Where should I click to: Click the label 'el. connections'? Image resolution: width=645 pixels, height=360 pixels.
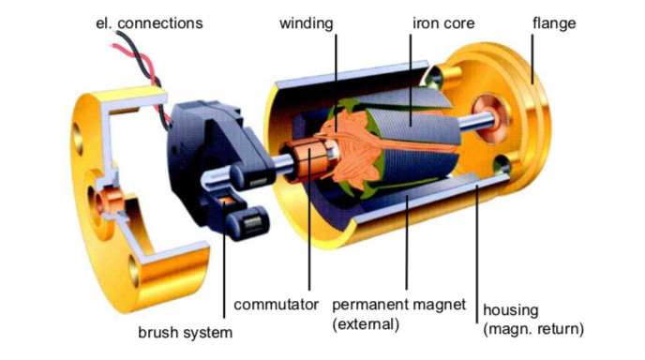[x=150, y=22]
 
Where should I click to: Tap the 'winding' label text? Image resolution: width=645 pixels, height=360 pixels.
[x=306, y=22]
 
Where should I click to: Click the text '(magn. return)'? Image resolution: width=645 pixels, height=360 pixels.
[x=532, y=328]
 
